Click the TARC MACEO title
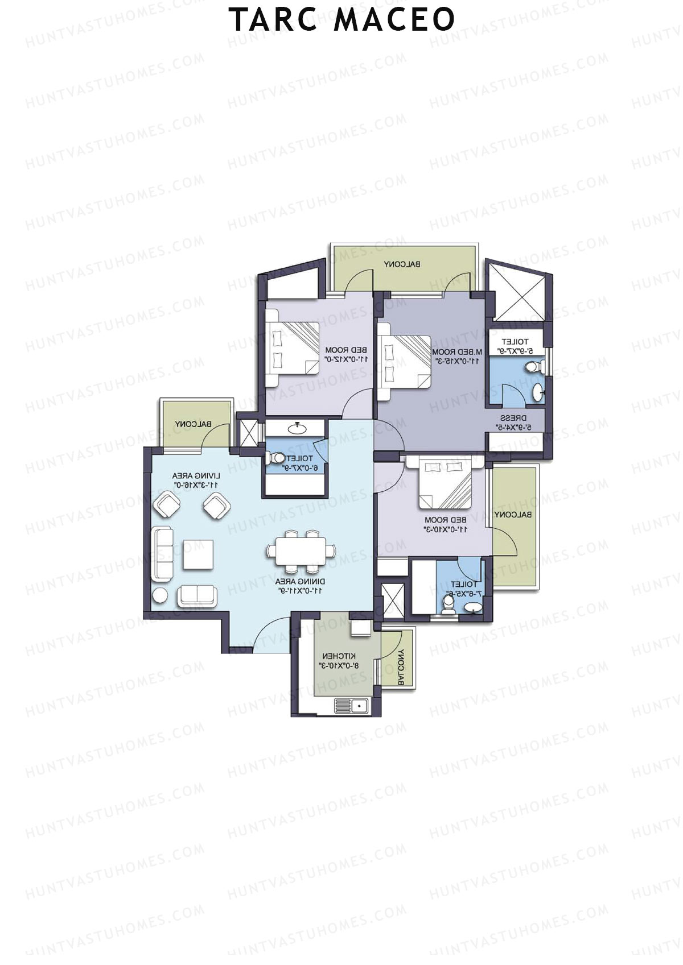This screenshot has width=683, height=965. tap(341, 19)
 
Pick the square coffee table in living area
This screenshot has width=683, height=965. tap(198, 554)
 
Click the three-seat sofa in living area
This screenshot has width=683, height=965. tap(163, 554)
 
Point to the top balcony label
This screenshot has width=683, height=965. tap(402, 264)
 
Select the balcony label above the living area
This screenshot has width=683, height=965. tap(194, 424)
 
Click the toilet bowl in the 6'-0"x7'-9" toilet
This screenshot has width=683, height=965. tap(278, 458)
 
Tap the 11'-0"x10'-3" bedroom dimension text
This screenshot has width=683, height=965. tap(446, 529)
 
